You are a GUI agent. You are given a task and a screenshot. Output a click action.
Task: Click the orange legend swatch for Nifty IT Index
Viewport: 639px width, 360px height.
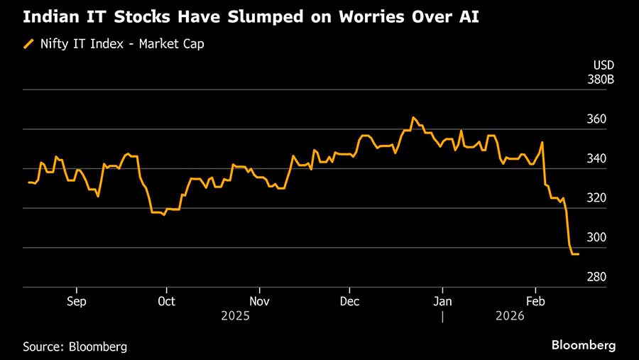click(29, 45)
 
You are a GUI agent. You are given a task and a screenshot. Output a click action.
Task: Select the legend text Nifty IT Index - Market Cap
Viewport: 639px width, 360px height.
click(121, 45)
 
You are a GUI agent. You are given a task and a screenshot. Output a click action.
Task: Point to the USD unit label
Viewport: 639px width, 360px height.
click(603, 66)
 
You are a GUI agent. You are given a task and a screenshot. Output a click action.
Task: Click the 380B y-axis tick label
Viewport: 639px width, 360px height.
click(601, 80)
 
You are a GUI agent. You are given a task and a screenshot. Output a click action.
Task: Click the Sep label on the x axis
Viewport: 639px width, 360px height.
click(76, 300)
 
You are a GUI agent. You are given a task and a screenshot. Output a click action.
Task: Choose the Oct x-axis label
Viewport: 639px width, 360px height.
click(166, 300)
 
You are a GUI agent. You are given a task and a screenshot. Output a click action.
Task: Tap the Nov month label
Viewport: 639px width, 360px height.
click(259, 300)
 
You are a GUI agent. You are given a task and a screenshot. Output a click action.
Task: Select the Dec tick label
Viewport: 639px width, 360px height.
click(349, 300)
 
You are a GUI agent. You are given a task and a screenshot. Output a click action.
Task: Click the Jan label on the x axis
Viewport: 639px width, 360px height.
click(442, 300)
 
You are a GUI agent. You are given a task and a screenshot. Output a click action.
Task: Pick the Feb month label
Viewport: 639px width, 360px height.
click(535, 300)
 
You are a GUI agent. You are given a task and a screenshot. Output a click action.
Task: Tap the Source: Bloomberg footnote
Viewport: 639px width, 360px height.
click(75, 347)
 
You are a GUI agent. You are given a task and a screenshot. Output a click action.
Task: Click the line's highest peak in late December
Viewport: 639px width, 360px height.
click(413, 118)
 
